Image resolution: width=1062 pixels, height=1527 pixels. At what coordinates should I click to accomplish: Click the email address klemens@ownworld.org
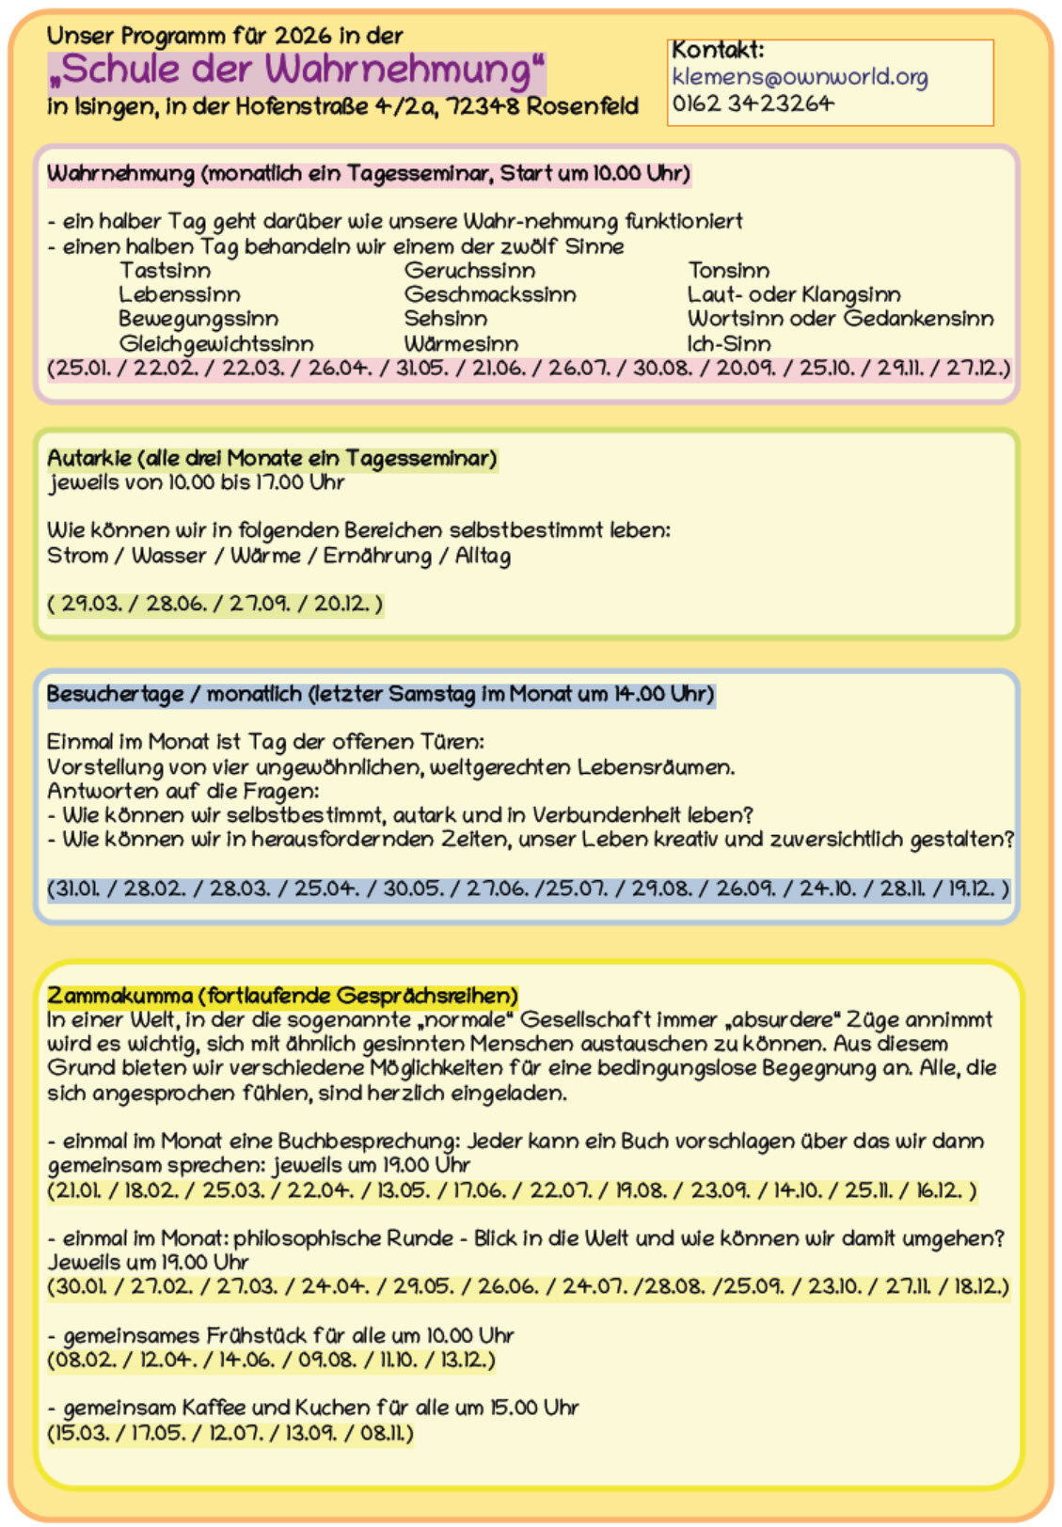point(800,77)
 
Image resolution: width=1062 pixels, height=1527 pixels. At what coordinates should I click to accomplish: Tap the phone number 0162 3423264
point(753,103)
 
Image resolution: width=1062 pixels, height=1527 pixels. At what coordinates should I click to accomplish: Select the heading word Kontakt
point(717,51)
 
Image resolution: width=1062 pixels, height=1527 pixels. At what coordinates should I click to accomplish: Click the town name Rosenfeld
point(582,105)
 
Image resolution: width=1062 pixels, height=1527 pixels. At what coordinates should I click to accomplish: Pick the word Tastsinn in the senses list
point(165,271)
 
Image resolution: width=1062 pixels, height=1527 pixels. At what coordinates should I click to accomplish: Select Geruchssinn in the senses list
point(469,271)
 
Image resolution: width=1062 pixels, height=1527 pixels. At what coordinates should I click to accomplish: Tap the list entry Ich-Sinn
point(729,344)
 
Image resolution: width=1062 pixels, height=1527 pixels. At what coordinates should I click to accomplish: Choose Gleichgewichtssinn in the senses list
point(216,344)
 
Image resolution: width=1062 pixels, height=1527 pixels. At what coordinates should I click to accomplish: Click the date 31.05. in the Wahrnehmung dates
point(421,368)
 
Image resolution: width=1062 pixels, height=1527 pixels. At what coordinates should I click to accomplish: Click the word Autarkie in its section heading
point(89,459)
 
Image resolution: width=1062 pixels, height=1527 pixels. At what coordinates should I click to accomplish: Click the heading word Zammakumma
point(119,996)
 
